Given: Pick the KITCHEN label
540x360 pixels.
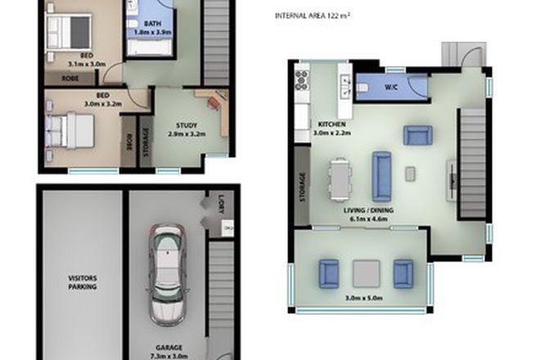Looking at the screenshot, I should [x=331, y=124].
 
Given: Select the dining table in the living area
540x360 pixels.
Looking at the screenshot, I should [x=339, y=178].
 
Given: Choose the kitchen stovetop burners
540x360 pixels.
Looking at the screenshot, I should [x=300, y=81].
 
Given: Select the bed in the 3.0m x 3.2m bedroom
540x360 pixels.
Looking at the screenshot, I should [x=70, y=129].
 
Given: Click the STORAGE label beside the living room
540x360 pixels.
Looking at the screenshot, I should [x=303, y=187].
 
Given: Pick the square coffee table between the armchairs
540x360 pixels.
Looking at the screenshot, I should [x=366, y=272].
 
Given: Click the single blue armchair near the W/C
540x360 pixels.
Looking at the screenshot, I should [x=416, y=135].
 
